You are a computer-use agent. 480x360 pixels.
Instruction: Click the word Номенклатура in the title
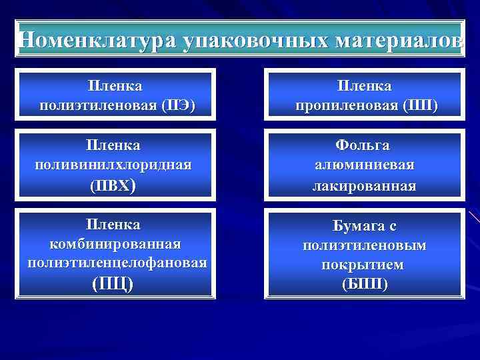click(x=98, y=40)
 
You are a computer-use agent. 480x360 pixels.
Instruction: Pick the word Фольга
click(x=364, y=145)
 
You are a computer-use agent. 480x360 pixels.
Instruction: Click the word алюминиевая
click(x=364, y=165)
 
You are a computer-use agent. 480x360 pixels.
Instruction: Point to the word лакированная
click(x=364, y=185)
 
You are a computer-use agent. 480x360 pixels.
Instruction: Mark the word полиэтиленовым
click(x=364, y=245)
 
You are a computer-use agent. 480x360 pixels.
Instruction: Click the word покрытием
click(x=364, y=265)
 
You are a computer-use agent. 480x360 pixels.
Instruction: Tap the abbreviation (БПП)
click(x=364, y=284)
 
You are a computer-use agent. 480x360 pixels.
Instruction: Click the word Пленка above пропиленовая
click(x=365, y=87)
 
